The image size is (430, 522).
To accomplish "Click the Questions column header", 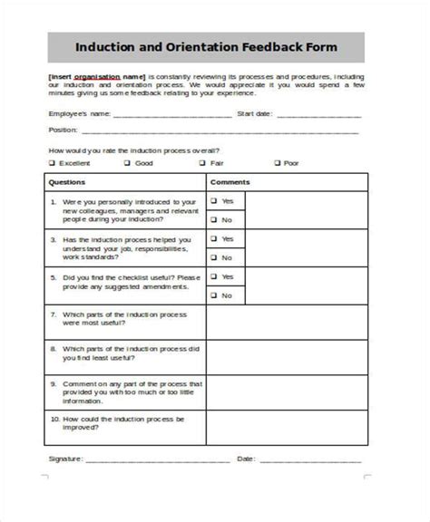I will [x=66, y=182].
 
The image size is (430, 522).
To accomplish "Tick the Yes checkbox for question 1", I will [x=214, y=201].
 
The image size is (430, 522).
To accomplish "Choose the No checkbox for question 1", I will [x=214, y=219].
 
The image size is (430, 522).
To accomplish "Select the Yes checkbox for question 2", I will [x=214, y=239].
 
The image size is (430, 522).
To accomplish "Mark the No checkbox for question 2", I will [x=214, y=257].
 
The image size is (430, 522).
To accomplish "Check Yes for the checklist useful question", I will [x=214, y=277].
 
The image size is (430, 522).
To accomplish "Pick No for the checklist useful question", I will [x=214, y=295].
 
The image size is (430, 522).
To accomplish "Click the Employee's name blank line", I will [x=171, y=116].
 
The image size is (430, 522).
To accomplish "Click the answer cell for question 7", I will [x=287, y=323].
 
